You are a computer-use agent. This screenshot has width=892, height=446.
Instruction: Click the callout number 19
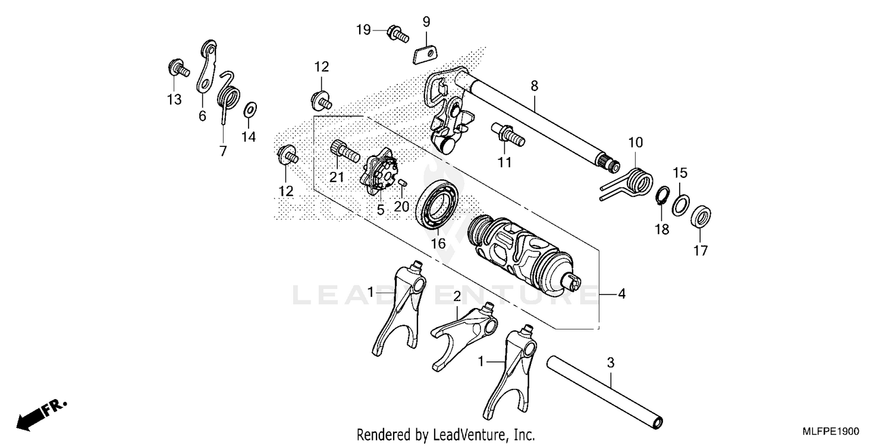pyautogui.click(x=363, y=30)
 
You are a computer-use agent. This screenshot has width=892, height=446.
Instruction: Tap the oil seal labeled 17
pyautogui.click(x=702, y=216)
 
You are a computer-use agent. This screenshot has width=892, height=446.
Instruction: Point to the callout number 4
pyautogui.click(x=621, y=293)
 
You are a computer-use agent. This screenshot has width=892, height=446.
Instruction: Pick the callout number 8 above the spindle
pyautogui.click(x=534, y=86)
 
